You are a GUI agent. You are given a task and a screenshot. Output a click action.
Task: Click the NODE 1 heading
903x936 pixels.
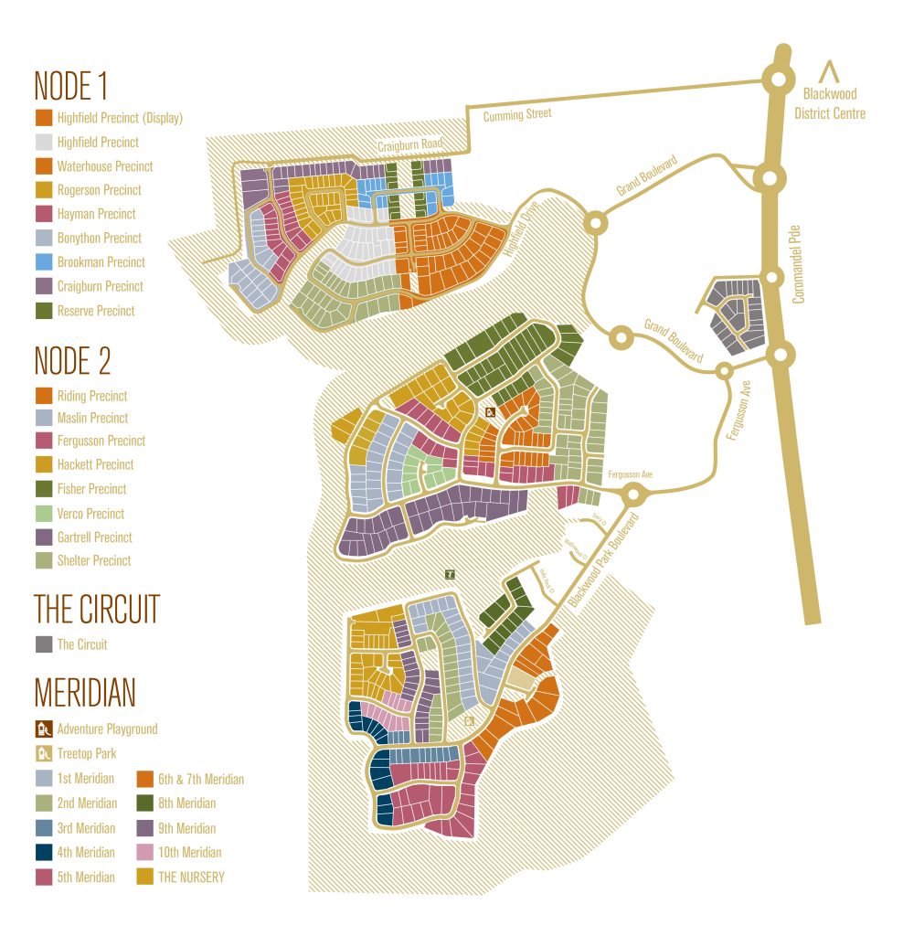pos(70,86)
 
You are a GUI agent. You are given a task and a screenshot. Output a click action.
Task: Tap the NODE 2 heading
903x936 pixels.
pos(72,361)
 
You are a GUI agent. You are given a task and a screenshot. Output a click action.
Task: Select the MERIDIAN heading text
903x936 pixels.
pos(84,693)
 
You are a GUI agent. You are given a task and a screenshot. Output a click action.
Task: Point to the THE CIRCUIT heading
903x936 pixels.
pos(97,609)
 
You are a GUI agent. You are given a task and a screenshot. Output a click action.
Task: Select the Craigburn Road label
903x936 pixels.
pos(411,145)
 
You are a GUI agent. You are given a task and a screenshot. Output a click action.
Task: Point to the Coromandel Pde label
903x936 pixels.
pos(798,265)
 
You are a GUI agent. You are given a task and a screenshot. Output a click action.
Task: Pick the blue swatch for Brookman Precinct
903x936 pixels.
pos(43,262)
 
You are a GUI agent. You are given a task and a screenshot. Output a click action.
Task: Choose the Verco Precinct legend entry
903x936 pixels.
pos(90,514)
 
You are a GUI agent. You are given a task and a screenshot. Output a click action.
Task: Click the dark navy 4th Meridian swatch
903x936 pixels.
pos(43,853)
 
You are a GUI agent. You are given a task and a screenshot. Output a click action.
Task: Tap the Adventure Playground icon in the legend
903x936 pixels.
pos(43,729)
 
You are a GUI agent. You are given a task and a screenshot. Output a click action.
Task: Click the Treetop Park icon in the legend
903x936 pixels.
pos(43,754)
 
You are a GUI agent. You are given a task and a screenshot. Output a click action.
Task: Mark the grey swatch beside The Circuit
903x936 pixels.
pos(43,644)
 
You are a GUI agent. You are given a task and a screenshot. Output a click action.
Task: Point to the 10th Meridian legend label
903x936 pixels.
pos(190,853)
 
